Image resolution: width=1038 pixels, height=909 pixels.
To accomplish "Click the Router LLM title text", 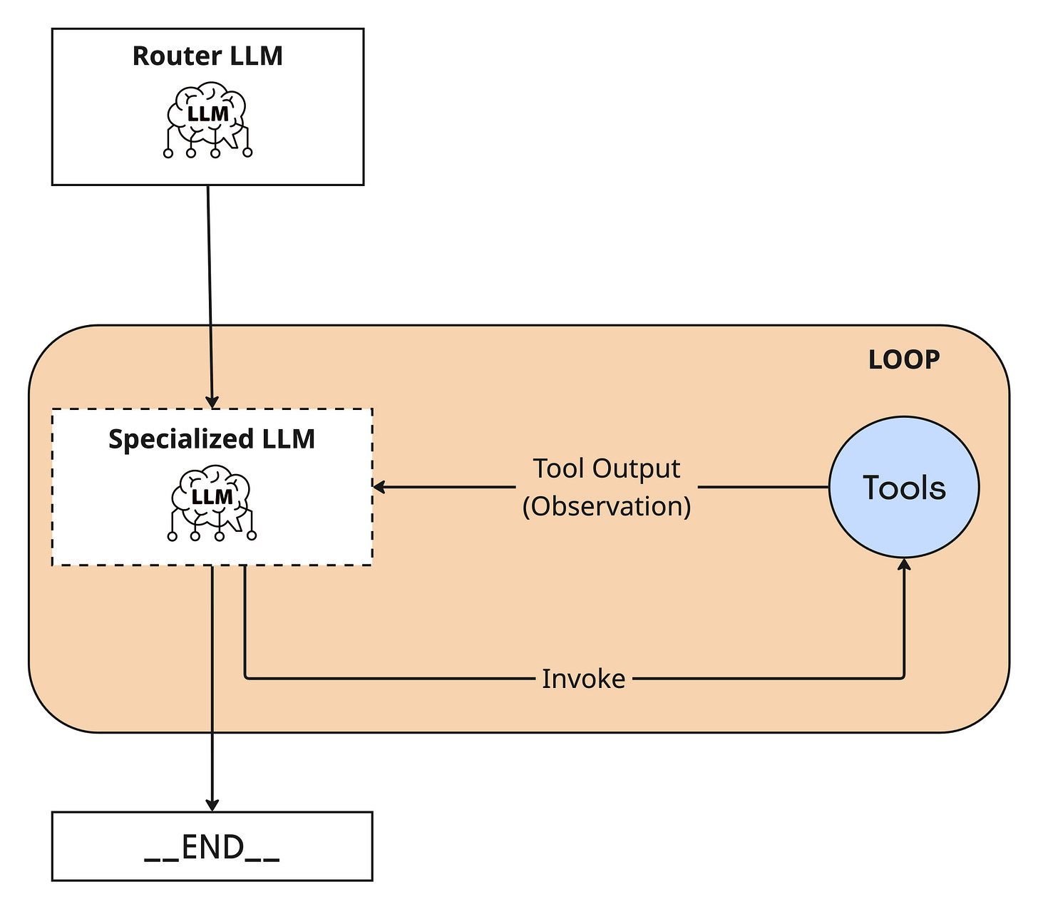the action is pos(207,56).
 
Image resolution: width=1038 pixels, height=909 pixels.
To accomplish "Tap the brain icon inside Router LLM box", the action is pos(207,120).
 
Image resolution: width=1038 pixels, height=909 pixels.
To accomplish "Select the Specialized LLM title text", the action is pos(212,438).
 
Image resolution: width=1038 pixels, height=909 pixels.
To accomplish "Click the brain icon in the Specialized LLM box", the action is pos(212,503).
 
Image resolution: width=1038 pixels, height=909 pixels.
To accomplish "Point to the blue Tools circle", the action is pos(904,487).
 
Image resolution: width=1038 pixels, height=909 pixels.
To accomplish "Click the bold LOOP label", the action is pos(904,359).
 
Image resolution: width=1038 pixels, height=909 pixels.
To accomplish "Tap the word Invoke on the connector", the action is pos(583,679).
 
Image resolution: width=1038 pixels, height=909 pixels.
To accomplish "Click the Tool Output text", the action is pos(606,468).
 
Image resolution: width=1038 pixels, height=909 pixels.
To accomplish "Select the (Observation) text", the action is pos(606,506).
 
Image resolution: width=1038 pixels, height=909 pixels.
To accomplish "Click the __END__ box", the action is pos(212,846).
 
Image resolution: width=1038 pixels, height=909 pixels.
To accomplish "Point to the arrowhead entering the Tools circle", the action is pos(904,564).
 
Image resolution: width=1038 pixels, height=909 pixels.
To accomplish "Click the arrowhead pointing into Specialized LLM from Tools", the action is pos(379,487).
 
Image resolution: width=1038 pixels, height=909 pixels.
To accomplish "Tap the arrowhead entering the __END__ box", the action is pos(212,805).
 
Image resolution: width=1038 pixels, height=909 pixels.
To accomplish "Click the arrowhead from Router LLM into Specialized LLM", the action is pos(212,402).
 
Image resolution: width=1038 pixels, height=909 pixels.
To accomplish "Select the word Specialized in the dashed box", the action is pos(180,439).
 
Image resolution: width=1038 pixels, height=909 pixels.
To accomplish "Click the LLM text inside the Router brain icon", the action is pos(207,114).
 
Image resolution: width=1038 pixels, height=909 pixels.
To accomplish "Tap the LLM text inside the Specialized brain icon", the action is pos(212,497).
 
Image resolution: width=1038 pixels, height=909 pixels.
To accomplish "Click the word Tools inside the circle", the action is pos(904,488).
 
